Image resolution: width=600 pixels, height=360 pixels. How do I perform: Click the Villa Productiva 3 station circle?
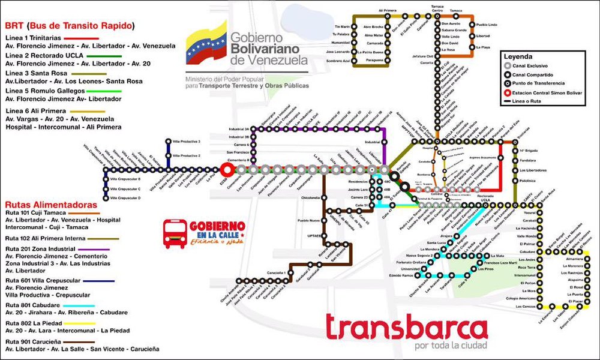pos(169,141)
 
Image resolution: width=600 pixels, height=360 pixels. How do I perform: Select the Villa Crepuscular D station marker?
pos(106,198)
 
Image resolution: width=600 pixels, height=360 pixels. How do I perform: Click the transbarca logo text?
pos(406,328)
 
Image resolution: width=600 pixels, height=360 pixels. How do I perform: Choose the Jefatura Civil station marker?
pos(432,56)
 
